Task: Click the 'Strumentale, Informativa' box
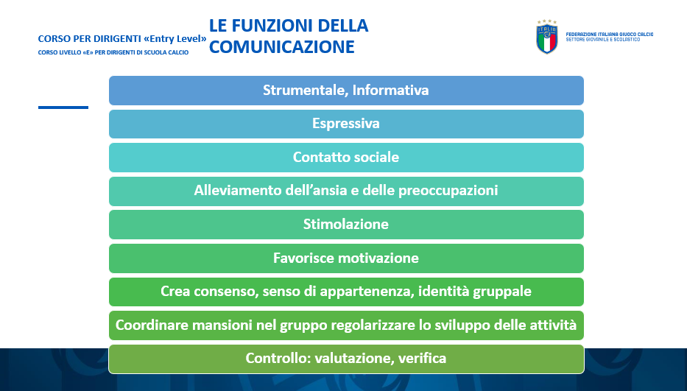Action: [346, 91]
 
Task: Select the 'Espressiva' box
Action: [346, 124]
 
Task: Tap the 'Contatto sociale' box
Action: [346, 158]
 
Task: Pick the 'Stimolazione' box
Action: [346, 225]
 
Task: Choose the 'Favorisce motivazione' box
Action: [346, 258]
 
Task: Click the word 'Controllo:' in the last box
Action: [278, 358]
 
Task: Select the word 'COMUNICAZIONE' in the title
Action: [282, 47]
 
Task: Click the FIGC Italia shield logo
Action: [547, 39]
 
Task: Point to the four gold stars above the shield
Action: [547, 21]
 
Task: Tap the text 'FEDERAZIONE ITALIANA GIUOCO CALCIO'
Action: [610, 34]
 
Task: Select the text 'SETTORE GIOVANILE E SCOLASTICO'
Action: [603, 40]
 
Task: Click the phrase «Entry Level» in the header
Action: [175, 38]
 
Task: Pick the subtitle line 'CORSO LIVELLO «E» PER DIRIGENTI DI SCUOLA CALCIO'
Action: [113, 52]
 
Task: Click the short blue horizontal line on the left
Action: [63, 108]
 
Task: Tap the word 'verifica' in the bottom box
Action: [423, 358]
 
